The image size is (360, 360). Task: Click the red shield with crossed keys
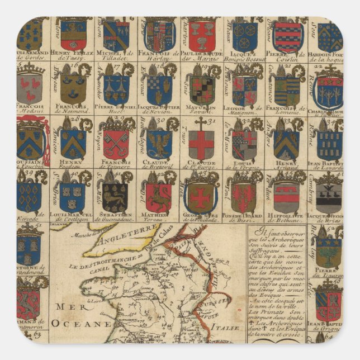pos(116,144)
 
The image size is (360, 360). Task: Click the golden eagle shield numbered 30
pos(158,144)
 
